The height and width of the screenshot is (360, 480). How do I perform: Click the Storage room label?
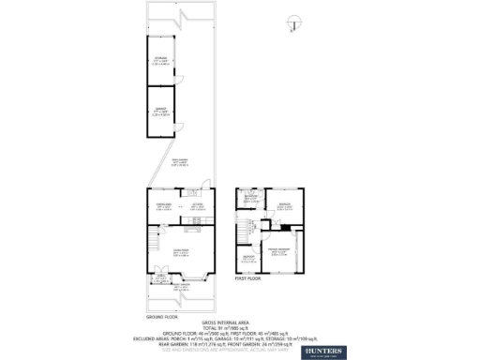tap(160, 61)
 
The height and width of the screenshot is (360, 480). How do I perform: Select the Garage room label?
tap(160, 112)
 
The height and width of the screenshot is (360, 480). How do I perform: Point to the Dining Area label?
tap(160, 206)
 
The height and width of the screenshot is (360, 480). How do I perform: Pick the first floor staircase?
tap(247, 229)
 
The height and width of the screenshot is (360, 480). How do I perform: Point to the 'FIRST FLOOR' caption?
tap(247, 278)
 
